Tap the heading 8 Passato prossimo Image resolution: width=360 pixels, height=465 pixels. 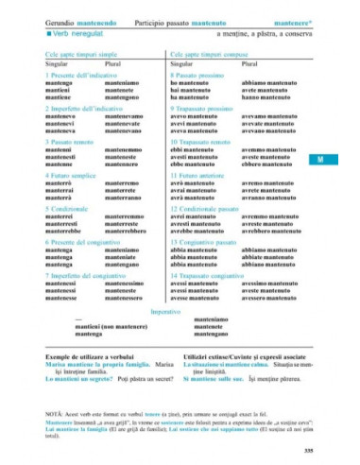(196, 75)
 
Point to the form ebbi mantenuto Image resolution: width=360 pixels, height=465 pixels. (194, 149)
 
